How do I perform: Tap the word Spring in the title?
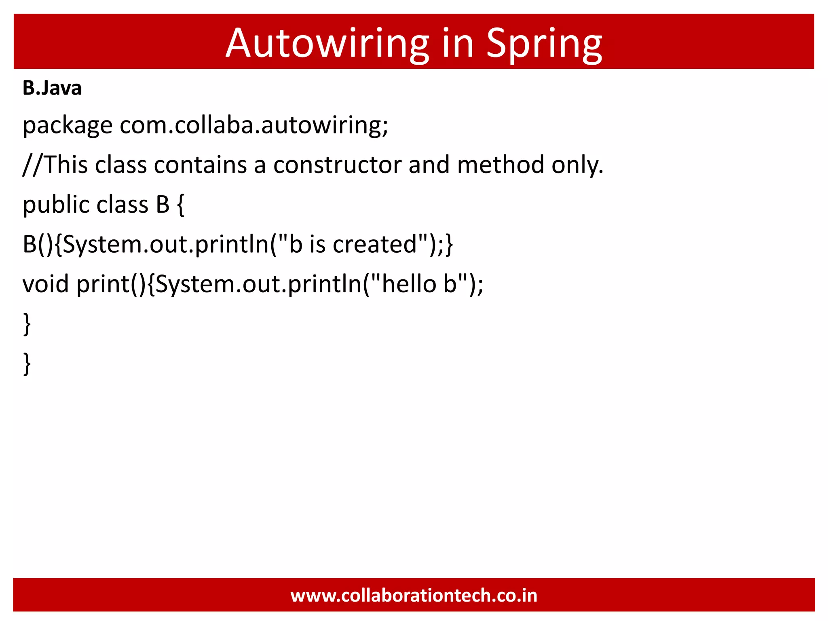(x=544, y=44)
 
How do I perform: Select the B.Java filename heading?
(x=52, y=88)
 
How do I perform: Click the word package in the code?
(x=67, y=125)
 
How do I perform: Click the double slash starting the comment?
(x=32, y=165)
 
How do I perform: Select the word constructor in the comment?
(x=337, y=165)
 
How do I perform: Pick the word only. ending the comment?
(x=577, y=165)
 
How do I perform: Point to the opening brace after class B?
(x=181, y=205)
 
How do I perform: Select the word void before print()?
(x=46, y=284)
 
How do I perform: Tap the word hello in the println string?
(x=409, y=284)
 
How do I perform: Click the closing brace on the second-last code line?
(x=27, y=323)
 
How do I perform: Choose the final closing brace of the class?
(x=27, y=363)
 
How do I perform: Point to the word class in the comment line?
(x=120, y=165)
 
